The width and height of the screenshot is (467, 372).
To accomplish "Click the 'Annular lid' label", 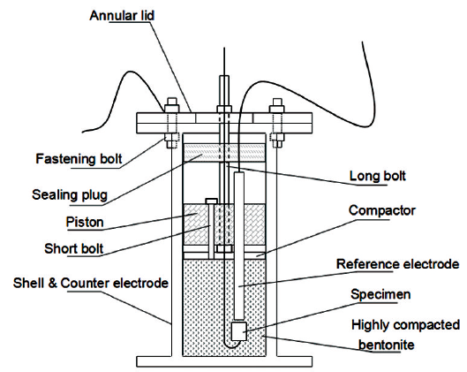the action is pyautogui.click(x=122, y=16).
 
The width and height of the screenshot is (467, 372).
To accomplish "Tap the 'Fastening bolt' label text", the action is pyautogui.click(x=79, y=158).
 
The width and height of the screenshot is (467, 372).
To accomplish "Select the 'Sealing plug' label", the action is pyautogui.click(x=70, y=195).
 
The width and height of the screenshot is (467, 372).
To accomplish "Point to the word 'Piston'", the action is pyautogui.click(x=85, y=222).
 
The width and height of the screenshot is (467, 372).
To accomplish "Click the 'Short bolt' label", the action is pyautogui.click(x=74, y=248).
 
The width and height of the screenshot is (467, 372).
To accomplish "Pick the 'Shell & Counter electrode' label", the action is pyautogui.click(x=91, y=283).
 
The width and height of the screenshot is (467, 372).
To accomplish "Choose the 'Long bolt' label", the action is pyautogui.click(x=378, y=176).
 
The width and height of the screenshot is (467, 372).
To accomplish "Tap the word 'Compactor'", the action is pyautogui.click(x=382, y=210).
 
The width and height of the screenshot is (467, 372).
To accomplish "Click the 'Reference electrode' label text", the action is pyautogui.click(x=398, y=264).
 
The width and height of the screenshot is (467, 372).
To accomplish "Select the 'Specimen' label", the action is pyautogui.click(x=380, y=294).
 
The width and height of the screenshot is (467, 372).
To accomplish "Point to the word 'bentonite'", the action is pyautogui.click(x=387, y=345).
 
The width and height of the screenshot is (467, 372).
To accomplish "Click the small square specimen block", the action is pyautogui.click(x=239, y=330).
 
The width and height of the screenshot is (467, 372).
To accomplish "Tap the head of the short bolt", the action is pyautogui.click(x=211, y=201).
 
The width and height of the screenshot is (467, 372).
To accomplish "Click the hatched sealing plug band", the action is pyautogui.click(x=223, y=153).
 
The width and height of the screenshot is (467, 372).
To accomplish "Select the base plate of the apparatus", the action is pyautogui.click(x=224, y=361).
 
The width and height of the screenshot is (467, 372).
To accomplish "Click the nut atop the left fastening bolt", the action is pyautogui.click(x=172, y=108).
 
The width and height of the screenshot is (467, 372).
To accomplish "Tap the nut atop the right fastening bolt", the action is pyautogui.click(x=276, y=108).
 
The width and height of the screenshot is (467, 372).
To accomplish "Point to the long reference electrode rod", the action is pyautogui.click(x=239, y=246).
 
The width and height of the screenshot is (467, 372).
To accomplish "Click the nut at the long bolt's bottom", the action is pyautogui.click(x=223, y=248).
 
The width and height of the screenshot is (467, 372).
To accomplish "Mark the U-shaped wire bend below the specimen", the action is pyautogui.click(x=230, y=345).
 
